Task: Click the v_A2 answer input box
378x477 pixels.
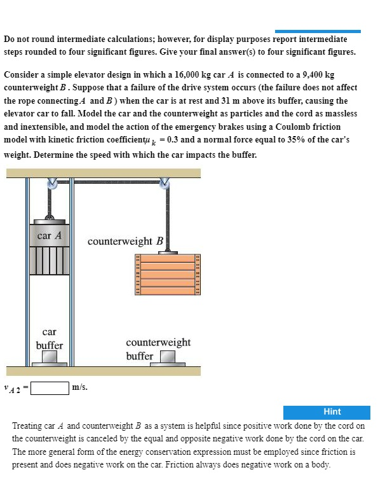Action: coord(50,387)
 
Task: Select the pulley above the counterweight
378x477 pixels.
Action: coord(165,183)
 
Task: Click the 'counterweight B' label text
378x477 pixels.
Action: coord(125,242)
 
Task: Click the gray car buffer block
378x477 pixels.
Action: coord(50,359)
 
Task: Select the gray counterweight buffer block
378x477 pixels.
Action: coord(166,357)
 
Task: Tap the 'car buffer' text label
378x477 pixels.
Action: coord(50,339)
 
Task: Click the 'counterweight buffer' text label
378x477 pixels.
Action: coord(158,349)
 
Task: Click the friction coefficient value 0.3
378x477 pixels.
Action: coord(184,139)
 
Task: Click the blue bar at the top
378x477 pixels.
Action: coord(318,31)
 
